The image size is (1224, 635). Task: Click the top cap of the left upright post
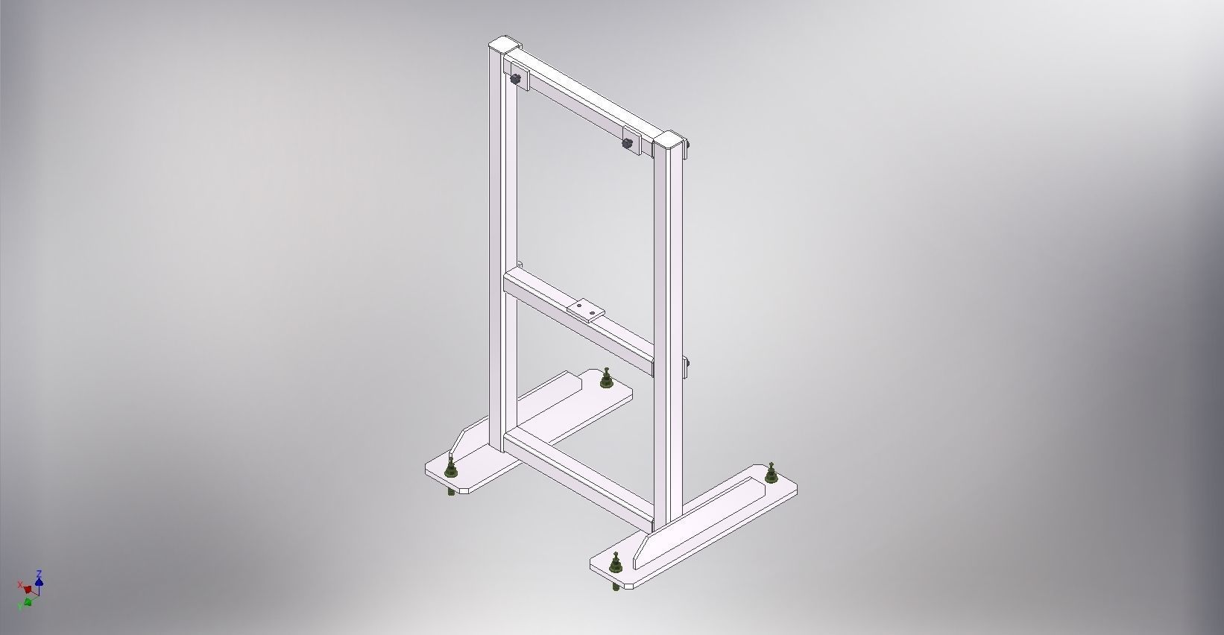point(504,42)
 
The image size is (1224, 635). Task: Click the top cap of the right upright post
point(669,140)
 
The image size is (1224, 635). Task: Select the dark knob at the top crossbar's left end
point(516,79)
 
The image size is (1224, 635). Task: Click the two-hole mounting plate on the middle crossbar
point(584,308)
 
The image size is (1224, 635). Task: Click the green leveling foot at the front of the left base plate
point(450,469)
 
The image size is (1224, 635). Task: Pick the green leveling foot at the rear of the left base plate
point(606,380)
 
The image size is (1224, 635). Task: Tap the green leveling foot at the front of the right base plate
point(616,564)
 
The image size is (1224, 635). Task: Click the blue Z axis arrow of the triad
point(39,577)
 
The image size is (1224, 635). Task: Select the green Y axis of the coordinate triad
point(28,601)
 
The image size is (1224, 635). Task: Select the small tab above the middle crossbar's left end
point(520,265)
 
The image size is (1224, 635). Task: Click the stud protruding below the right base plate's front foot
point(615,588)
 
